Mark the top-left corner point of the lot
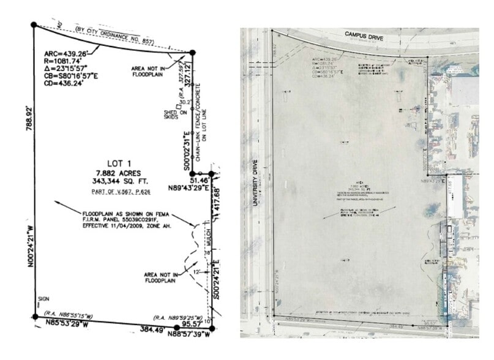[x=34, y=24]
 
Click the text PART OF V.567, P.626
[x=110, y=193]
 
